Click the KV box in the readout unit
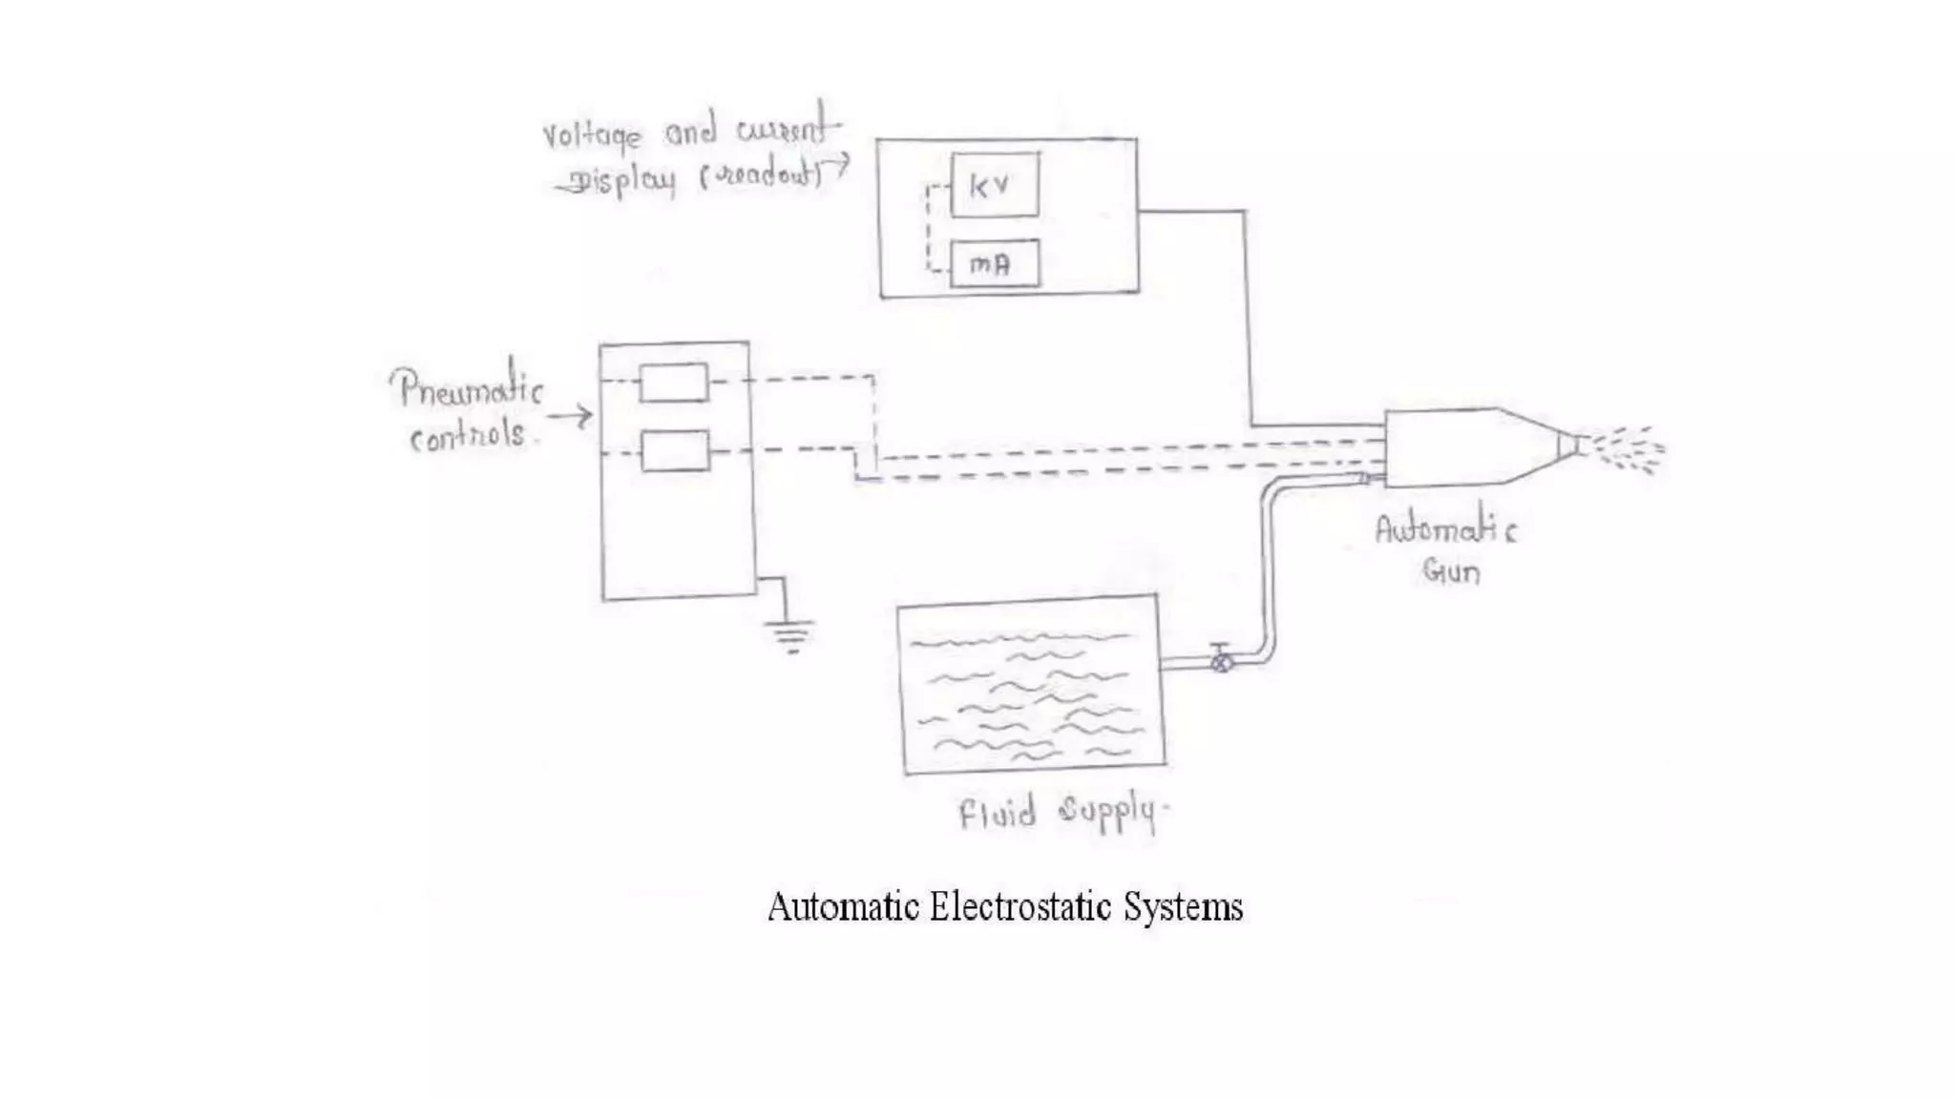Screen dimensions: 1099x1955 tap(995, 185)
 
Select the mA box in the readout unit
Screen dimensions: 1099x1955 tap(995, 264)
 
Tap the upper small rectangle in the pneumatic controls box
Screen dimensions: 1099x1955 tap(674, 383)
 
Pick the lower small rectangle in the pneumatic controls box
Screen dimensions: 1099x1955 tap(675, 451)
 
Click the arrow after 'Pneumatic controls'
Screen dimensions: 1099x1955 tap(571, 416)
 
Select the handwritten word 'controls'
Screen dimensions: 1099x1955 tap(468, 436)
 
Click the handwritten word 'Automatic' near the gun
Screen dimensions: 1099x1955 tap(1444, 529)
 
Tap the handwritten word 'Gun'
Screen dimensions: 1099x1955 tap(1451, 571)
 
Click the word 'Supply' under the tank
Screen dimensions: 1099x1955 tap(1107, 813)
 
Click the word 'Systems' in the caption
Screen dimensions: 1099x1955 tap(1184, 906)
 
